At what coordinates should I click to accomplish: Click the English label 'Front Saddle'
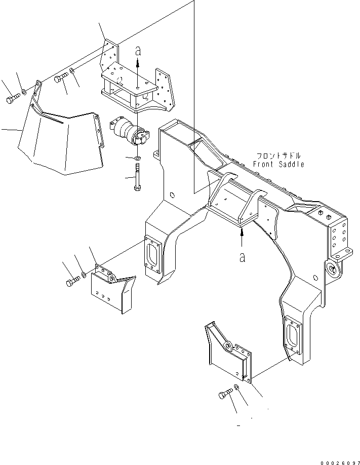[x=278, y=164]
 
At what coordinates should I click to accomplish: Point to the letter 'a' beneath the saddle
[x=242, y=257]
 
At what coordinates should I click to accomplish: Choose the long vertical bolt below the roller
[x=137, y=177]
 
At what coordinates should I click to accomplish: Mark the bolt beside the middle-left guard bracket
[x=73, y=280]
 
